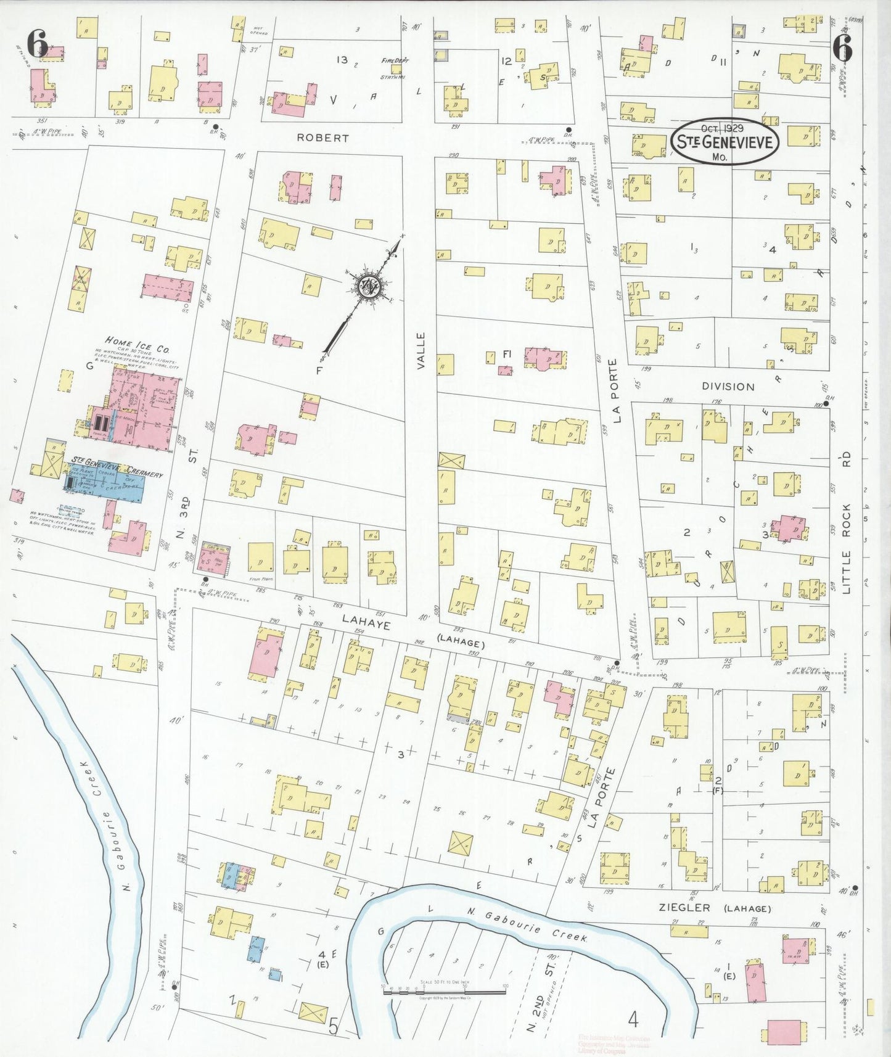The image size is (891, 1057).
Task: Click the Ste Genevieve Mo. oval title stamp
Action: pyautogui.click(x=725, y=141)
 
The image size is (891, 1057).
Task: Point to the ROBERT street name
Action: pyautogui.click(x=322, y=138)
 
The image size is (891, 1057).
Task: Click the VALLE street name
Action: pyautogui.click(x=421, y=351)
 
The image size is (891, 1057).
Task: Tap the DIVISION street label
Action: pyautogui.click(x=728, y=387)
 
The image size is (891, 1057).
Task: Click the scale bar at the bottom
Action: pyautogui.click(x=444, y=991)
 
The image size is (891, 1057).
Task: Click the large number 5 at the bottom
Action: pyautogui.click(x=334, y=1026)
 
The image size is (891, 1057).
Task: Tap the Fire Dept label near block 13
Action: pyautogui.click(x=395, y=60)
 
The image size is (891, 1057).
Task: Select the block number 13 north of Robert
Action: pyautogui.click(x=342, y=60)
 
